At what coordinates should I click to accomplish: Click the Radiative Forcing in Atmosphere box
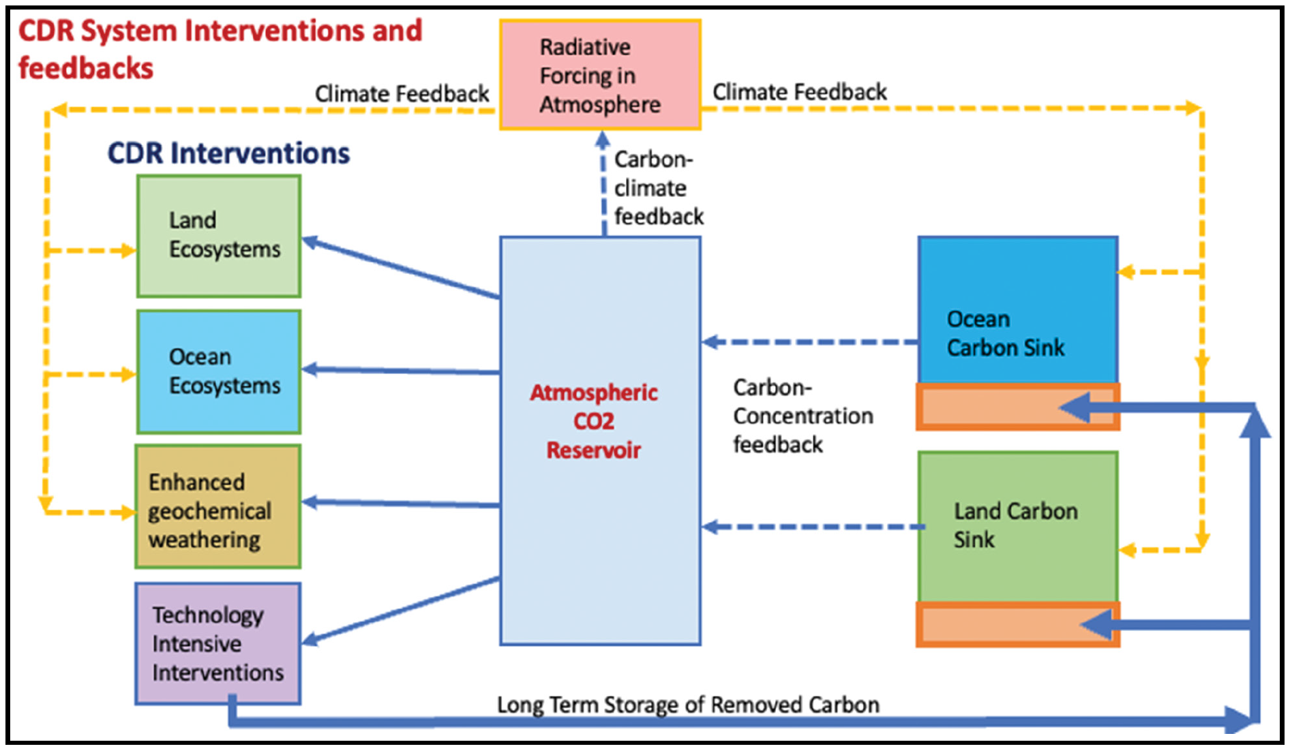pyautogui.click(x=600, y=75)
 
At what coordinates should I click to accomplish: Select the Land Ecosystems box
pyautogui.click(x=218, y=236)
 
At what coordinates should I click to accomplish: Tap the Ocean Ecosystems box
pyautogui.click(x=218, y=371)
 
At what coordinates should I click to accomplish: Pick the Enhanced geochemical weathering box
pyautogui.click(x=217, y=507)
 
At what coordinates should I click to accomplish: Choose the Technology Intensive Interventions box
pyautogui.click(x=217, y=643)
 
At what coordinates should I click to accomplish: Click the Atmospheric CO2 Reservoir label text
pyautogui.click(x=594, y=421)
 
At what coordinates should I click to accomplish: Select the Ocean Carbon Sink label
pyautogui.click(x=1005, y=333)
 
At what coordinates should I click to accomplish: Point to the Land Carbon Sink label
pyautogui.click(x=1015, y=525)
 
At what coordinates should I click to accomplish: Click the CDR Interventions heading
pyautogui.click(x=228, y=153)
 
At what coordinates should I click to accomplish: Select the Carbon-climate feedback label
pyautogui.click(x=658, y=188)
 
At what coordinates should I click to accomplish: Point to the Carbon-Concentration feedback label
pyautogui.click(x=802, y=416)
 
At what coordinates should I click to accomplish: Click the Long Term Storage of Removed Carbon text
pyautogui.click(x=688, y=705)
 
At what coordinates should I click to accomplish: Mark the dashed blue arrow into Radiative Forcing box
pyautogui.click(x=603, y=184)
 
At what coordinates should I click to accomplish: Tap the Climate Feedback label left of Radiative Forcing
pyautogui.click(x=402, y=93)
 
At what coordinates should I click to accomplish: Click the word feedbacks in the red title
pyautogui.click(x=86, y=68)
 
